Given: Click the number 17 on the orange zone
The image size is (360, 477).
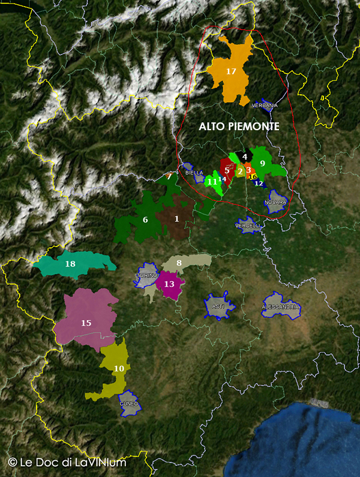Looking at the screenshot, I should [231, 71].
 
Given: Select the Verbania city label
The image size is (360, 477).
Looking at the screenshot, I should [265, 106].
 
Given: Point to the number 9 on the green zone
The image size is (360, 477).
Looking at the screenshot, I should [262, 163].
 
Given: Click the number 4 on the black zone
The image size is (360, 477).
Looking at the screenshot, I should [244, 157].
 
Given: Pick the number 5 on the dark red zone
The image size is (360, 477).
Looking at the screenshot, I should [227, 170].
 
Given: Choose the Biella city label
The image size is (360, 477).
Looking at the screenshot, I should [194, 173].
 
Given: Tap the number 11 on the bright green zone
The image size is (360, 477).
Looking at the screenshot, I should [212, 181].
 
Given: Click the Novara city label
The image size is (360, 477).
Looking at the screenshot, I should [276, 202].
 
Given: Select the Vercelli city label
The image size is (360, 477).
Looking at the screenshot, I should [248, 226].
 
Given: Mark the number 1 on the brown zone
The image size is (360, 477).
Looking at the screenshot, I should [176, 218].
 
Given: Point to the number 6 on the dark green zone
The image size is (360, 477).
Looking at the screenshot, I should [145, 220].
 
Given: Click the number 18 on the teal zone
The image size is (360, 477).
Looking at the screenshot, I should [70, 264].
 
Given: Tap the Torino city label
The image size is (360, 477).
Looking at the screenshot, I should [146, 275].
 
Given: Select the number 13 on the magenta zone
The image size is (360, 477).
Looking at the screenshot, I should [169, 284].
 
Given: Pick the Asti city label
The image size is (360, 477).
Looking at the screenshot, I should [218, 306].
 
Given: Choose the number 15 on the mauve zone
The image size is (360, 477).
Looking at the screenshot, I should [86, 323].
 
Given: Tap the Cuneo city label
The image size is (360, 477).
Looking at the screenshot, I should [129, 404].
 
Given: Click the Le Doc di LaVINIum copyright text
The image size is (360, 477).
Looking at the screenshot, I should [67, 463].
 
